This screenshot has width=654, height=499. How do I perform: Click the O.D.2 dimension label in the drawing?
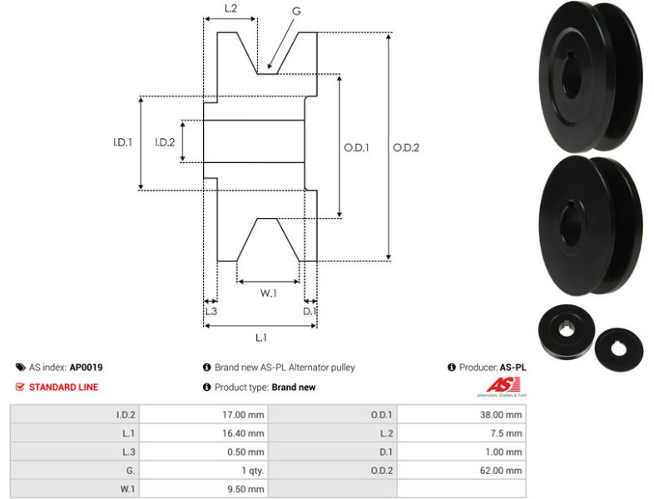coord(406,147)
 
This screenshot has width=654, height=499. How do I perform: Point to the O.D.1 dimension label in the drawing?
coord(356,147)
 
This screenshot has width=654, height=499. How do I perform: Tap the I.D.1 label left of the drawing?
coord(123,142)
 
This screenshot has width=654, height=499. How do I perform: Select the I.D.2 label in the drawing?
coord(165,142)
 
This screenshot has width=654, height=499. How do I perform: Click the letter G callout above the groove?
coord(296,11)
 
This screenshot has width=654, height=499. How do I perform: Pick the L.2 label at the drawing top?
coord(231,9)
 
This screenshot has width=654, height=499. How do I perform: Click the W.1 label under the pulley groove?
coord(268,293)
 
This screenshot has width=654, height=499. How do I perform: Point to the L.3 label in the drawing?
coord(211,311)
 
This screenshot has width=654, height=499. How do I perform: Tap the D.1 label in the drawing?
coord(310,311)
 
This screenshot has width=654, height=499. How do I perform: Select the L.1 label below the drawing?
coord(260,337)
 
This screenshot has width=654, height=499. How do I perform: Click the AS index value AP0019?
coord(87,367)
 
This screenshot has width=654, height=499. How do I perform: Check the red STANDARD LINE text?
coord(63,387)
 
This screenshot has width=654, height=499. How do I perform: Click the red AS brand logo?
coord(503,385)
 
